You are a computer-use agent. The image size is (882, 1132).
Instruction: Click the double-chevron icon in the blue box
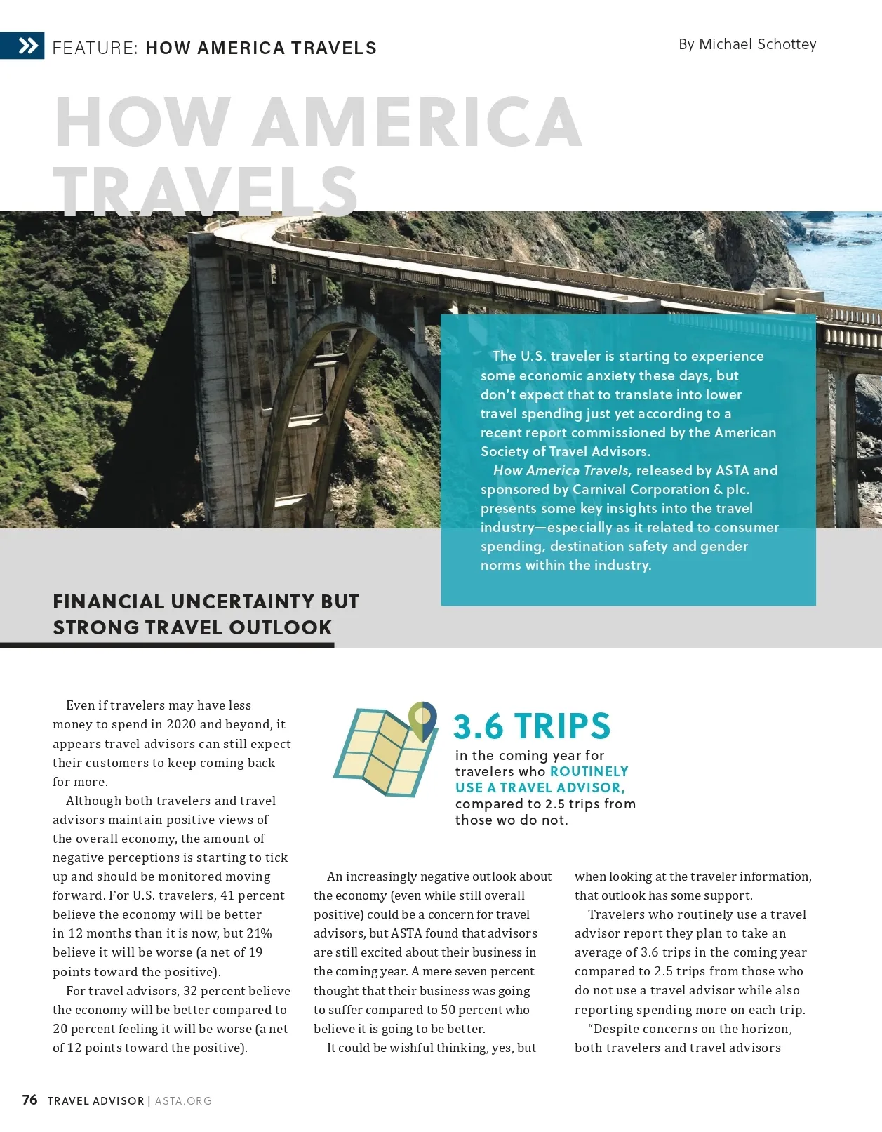pos(28,46)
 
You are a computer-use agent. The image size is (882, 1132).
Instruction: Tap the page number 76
pos(29,1100)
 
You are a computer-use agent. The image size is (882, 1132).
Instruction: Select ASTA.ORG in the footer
pos(183,1100)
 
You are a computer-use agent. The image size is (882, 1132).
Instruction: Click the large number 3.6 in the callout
pos(479,726)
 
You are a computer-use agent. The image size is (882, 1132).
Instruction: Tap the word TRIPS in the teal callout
pos(562,726)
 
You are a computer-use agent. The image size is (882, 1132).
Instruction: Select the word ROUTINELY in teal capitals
pos(589,771)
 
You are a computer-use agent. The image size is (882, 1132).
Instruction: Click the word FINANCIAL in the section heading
pos(109,601)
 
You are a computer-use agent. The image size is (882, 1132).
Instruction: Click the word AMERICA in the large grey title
pos(417,122)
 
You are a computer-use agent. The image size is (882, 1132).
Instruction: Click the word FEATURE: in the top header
pos(95,48)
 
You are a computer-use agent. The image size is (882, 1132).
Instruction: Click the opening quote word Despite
pos(618,1029)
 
